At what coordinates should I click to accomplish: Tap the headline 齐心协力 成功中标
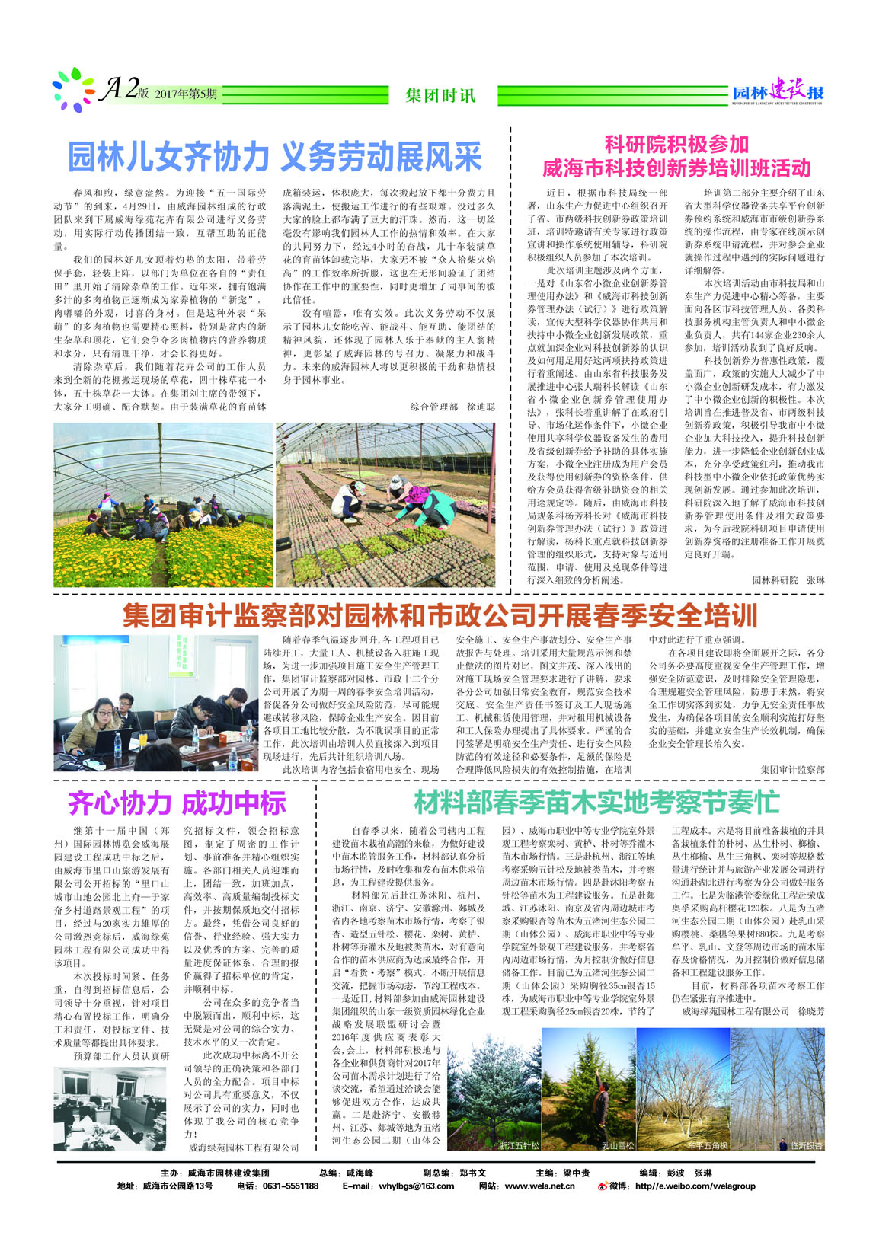[177, 803]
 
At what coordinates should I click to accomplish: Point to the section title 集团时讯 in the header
[440, 96]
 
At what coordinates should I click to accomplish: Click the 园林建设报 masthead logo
[777, 93]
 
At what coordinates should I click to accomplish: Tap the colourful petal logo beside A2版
[73, 91]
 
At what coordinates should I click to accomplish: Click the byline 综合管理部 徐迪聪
[452, 407]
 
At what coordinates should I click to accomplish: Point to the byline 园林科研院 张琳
[788, 579]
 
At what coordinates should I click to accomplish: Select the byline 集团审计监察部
[792, 770]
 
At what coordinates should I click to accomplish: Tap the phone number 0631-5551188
[289, 1186]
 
